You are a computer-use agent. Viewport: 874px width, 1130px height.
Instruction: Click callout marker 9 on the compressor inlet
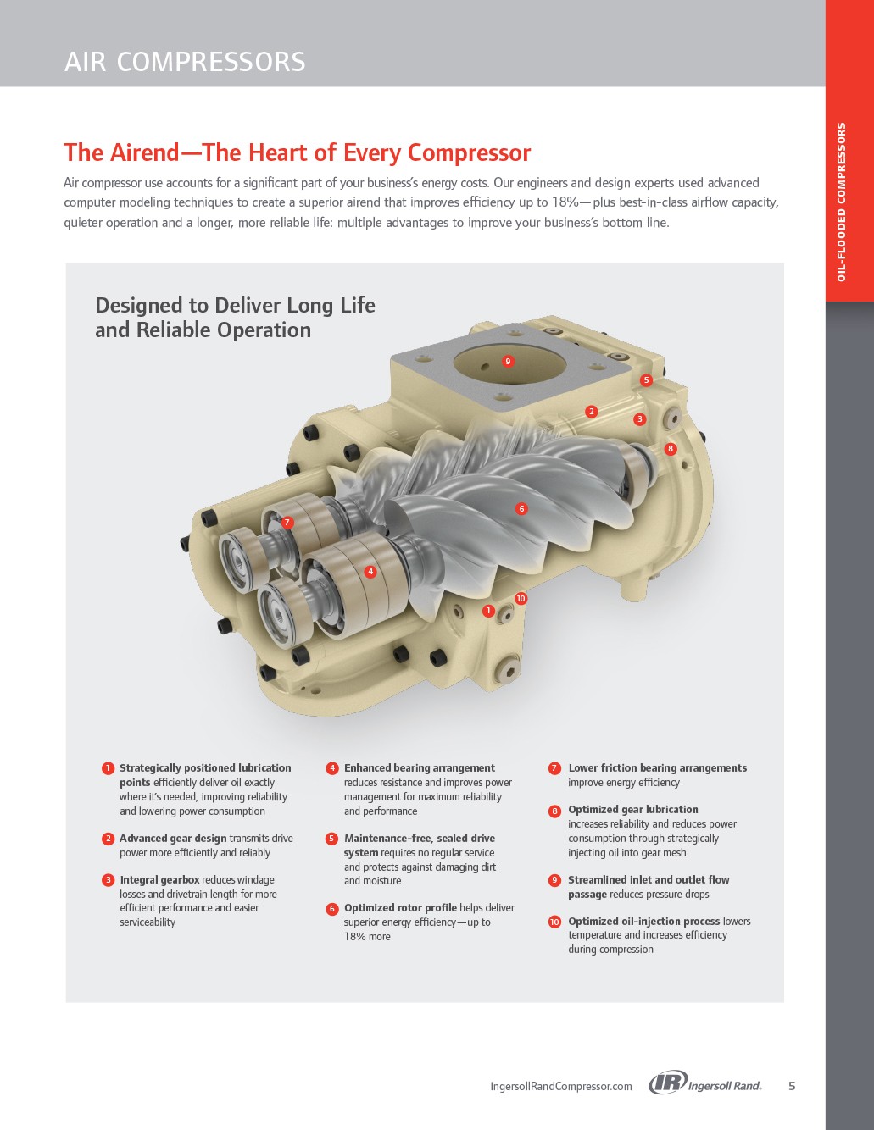(x=509, y=361)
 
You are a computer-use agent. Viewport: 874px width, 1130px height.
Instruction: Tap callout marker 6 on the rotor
(x=521, y=508)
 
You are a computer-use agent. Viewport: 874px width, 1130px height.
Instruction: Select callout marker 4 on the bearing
(x=370, y=572)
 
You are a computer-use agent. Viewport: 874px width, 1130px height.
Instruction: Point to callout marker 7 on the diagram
(x=287, y=522)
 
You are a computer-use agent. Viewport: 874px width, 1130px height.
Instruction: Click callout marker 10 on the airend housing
(x=521, y=599)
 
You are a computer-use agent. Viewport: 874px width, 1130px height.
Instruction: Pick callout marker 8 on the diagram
(x=671, y=449)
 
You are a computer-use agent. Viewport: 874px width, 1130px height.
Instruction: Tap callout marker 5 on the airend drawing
(x=646, y=380)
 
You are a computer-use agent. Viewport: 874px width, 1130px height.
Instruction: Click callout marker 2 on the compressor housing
(x=591, y=412)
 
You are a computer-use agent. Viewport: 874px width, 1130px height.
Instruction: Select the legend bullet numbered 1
(x=108, y=768)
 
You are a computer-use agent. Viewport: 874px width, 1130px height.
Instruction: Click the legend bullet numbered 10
(x=554, y=922)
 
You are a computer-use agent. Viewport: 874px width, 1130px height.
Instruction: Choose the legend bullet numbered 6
(x=332, y=909)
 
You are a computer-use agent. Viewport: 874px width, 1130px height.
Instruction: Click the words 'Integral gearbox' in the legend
(x=159, y=879)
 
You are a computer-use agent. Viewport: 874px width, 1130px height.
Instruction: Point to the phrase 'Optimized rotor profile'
(x=400, y=907)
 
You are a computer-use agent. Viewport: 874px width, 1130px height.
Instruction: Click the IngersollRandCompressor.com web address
(x=561, y=1086)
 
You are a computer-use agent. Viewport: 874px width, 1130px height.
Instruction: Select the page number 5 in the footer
(x=792, y=1086)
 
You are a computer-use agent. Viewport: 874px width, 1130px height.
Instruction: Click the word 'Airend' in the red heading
(x=146, y=152)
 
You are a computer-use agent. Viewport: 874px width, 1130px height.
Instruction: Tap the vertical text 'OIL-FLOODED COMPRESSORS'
(x=841, y=202)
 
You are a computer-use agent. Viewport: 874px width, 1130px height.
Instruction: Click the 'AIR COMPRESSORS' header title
(x=185, y=61)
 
